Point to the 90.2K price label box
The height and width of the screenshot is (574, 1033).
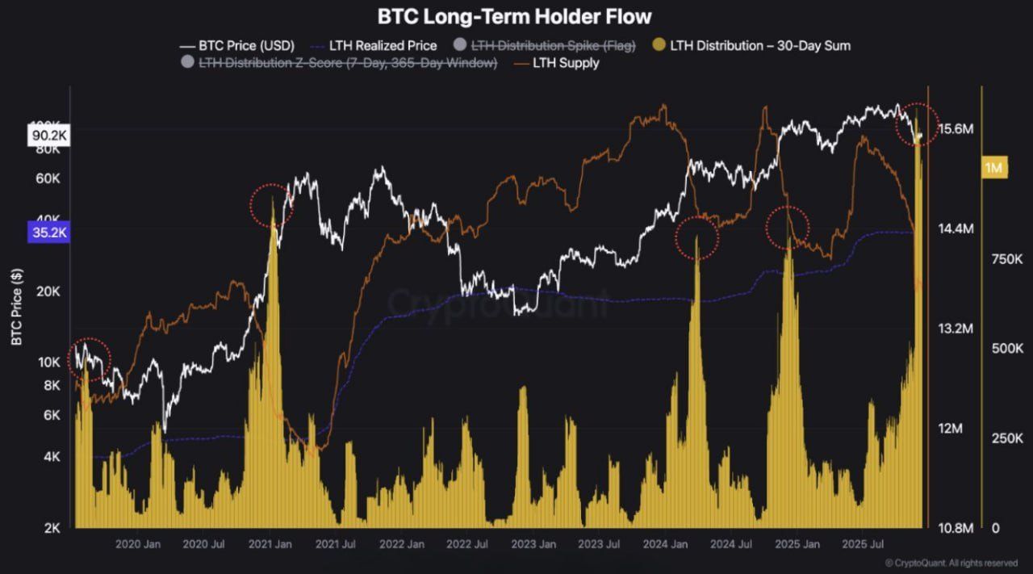point(49,136)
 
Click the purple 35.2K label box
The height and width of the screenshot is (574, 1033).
point(49,233)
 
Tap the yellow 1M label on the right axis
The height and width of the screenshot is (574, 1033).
point(993,168)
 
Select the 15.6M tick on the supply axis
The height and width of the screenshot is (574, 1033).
point(956,129)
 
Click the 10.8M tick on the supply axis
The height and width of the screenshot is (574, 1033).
point(956,528)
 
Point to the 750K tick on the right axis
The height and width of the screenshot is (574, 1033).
point(1007,259)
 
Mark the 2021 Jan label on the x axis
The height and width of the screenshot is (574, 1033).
point(270,545)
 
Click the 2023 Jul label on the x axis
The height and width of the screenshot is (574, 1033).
point(600,545)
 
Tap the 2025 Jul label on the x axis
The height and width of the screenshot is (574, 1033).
point(863,545)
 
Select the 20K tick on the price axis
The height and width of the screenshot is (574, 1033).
point(48,291)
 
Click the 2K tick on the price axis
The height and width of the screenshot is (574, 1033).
point(52,528)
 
